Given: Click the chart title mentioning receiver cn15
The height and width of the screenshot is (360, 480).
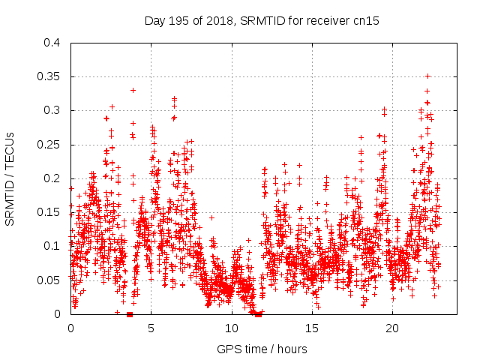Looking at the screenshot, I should [x=262, y=21].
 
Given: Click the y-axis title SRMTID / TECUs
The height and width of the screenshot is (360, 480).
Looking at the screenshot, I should [x=10, y=178].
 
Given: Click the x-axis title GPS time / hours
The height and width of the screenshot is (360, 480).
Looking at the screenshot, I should [x=262, y=349].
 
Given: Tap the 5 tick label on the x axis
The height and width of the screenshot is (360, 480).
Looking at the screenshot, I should [x=151, y=328].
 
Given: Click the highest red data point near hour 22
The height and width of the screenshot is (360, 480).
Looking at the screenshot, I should [x=427, y=76].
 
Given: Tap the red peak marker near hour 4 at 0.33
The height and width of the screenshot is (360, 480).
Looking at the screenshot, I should [x=133, y=90].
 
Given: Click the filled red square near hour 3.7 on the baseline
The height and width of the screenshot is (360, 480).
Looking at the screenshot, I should [x=130, y=314].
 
